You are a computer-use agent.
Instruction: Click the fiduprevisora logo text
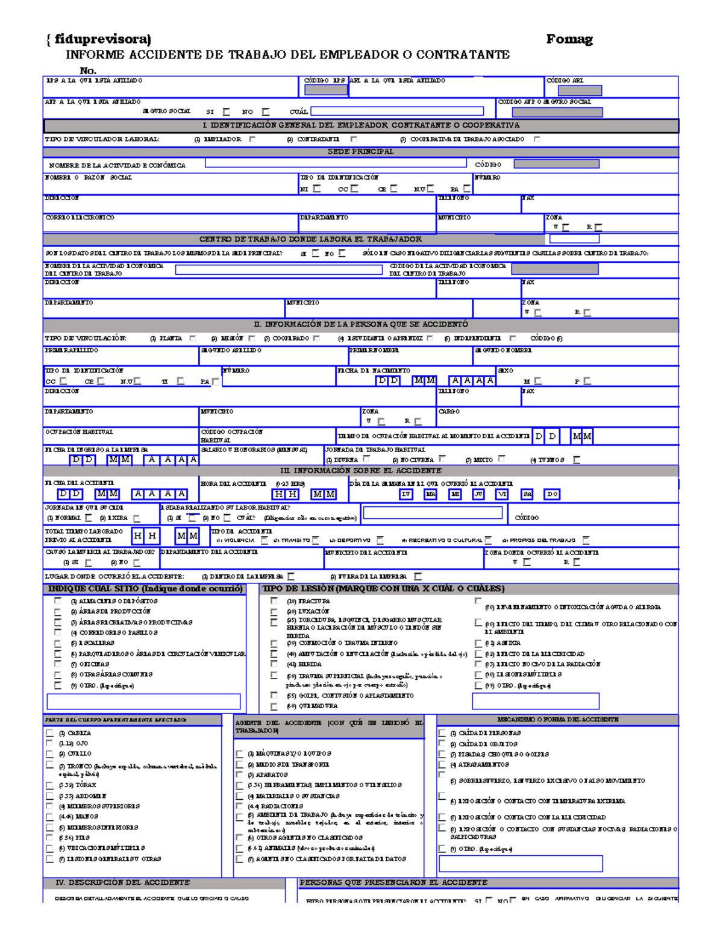[99, 40]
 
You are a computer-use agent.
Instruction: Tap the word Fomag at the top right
[569, 40]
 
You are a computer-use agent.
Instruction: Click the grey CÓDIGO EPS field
[326, 90]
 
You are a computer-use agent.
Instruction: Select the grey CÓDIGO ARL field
[580, 90]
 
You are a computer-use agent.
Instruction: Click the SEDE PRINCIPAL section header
[360, 152]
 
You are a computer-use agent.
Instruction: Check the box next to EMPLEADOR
[252, 139]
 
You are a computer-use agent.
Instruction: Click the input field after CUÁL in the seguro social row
[397, 111]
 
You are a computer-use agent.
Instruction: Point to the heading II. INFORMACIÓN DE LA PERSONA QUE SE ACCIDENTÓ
[360, 324]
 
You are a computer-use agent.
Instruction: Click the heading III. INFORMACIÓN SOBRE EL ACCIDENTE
[360, 471]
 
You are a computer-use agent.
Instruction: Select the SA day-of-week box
[527, 494]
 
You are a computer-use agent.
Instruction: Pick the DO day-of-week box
[552, 494]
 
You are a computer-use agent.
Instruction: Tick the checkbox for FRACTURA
[274, 601]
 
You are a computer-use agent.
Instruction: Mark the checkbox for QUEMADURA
[274, 706]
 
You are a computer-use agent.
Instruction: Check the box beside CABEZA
[50, 733]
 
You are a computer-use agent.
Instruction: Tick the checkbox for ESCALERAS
[58, 643]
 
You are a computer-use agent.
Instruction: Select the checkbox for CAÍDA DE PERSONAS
[442, 733]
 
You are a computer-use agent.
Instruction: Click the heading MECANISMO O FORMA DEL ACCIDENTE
[557, 720]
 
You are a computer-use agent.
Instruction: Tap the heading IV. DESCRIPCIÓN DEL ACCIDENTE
[122, 882]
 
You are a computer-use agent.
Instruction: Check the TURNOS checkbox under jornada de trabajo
[577, 460]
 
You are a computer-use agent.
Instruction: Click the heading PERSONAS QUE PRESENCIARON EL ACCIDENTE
[393, 882]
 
